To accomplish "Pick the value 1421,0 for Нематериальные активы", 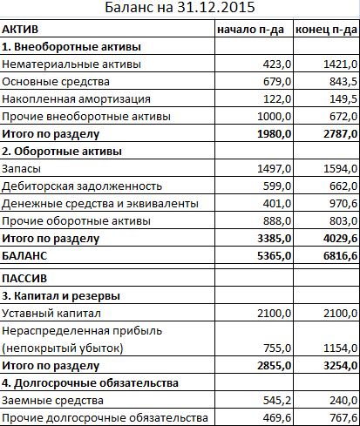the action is point(339,64).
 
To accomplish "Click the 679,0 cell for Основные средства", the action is point(274,82).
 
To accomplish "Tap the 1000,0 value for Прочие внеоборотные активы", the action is point(271,117).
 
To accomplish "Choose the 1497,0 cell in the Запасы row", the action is point(271,168).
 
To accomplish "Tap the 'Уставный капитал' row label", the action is point(53,314).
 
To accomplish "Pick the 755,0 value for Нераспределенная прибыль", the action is point(274,348).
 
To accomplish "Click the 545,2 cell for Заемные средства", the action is point(274,401).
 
